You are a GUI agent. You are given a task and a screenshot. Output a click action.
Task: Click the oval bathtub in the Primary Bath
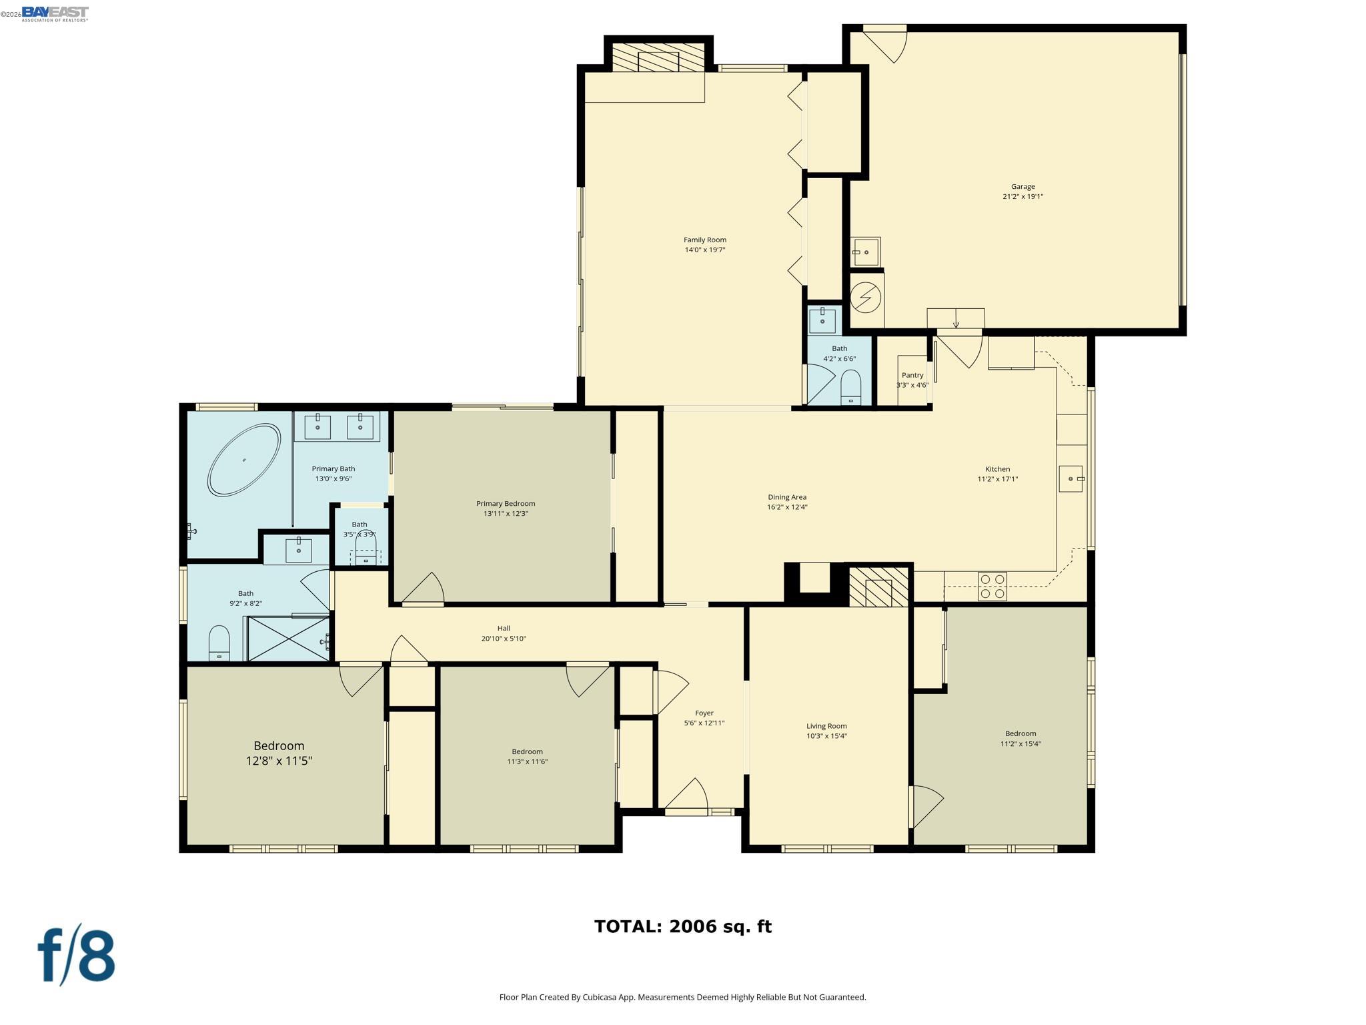point(244,460)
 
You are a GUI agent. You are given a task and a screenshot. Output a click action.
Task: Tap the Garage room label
point(1022,187)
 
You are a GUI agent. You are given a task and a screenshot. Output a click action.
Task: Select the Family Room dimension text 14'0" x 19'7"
point(704,250)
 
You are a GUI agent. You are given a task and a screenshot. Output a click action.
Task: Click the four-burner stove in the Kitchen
point(992,586)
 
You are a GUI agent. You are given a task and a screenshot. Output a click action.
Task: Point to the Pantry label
point(912,375)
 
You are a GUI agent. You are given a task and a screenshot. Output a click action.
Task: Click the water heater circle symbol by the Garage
point(866,297)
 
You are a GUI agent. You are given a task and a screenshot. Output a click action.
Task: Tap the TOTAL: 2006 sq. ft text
point(682,926)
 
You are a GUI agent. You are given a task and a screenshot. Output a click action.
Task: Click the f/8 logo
point(77,955)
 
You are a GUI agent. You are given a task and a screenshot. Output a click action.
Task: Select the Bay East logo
point(55,13)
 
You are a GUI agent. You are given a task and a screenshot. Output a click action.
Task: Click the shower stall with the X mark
point(288,639)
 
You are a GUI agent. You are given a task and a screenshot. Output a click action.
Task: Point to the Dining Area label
point(786,496)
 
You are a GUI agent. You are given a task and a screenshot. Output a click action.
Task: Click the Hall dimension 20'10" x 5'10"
point(504,639)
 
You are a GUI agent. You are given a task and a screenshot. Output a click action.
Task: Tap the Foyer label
point(704,713)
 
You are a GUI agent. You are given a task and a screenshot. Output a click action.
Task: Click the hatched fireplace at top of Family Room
point(658,58)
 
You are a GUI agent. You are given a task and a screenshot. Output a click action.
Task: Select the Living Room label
point(826,726)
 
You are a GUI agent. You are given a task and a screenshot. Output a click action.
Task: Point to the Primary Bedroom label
point(505,503)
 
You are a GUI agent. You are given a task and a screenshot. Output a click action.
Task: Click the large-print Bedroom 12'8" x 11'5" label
point(279,753)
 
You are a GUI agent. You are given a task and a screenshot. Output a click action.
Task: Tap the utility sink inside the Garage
point(866,252)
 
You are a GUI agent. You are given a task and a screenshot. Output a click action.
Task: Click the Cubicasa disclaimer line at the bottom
point(682,997)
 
